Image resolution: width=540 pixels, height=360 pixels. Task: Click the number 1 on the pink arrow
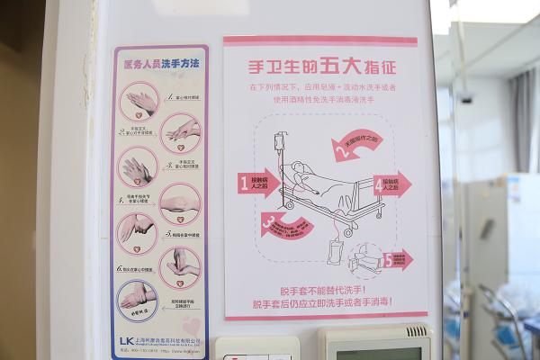244,184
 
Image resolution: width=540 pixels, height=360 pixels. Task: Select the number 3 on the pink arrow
268,220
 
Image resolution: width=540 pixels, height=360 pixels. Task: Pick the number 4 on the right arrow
378,186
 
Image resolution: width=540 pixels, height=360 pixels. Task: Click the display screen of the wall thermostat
378,352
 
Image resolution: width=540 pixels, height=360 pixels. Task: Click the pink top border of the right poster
320,40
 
